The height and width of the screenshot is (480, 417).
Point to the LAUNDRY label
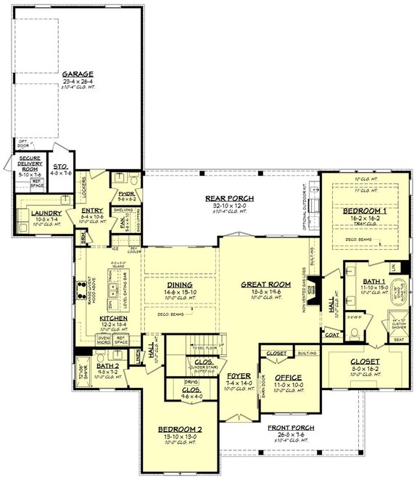(x=35, y=213)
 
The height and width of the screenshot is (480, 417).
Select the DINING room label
(x=174, y=285)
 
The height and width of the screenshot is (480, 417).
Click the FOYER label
(x=241, y=375)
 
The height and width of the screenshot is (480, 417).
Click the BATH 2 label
(x=106, y=368)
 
